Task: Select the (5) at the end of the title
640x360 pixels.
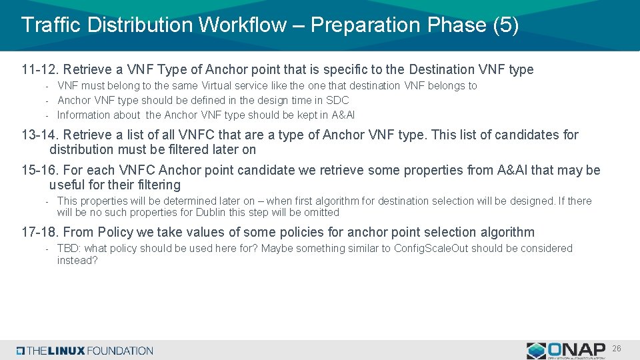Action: [x=505, y=25]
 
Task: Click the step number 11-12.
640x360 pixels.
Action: [x=39, y=70]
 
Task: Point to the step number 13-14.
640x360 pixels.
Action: [x=39, y=135]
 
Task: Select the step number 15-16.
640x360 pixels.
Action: [x=39, y=171]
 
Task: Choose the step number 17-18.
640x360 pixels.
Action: [x=39, y=233]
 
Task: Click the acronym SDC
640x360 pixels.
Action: [x=337, y=101]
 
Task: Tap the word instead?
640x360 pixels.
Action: [x=77, y=261]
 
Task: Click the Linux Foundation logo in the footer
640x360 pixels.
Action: [x=85, y=351]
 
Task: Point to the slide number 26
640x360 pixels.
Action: [x=617, y=349]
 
